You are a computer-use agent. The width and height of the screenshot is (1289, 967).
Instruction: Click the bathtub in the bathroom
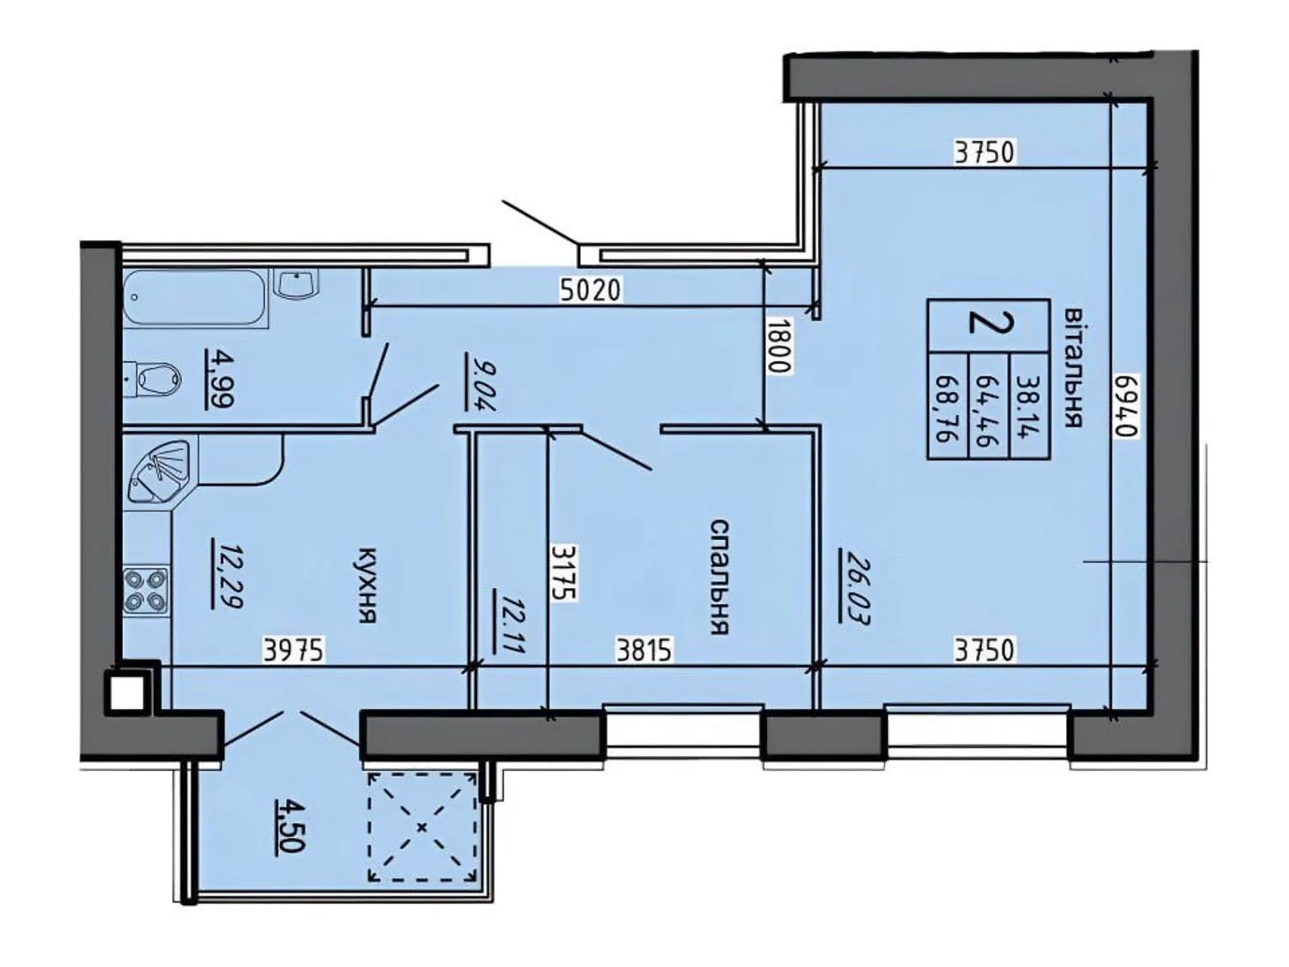[196, 299]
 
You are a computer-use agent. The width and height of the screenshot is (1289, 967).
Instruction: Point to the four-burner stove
[146, 591]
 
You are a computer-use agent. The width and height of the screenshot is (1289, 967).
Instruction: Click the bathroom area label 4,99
[219, 376]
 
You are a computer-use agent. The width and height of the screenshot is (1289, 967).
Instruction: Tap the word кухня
[367, 586]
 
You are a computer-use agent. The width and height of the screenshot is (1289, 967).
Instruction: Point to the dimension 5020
[591, 289]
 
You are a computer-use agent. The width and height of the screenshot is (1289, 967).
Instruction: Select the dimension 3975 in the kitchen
[294, 650]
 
